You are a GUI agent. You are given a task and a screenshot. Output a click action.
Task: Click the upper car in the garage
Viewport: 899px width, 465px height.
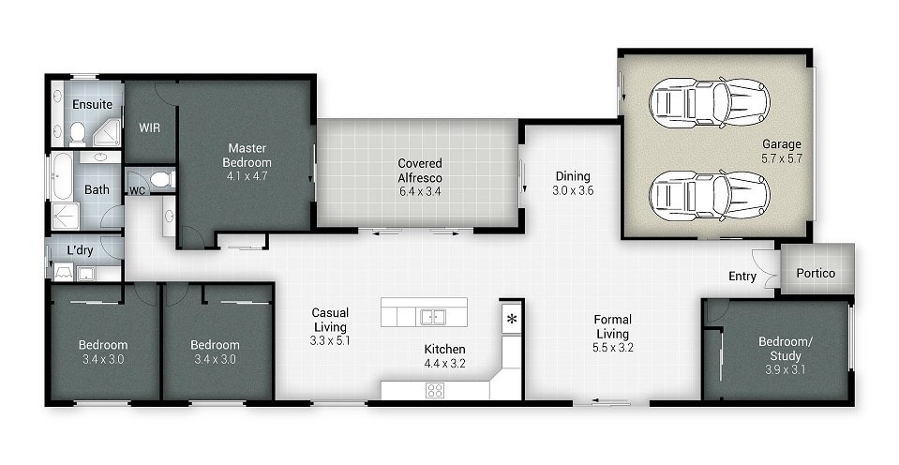click(709, 102)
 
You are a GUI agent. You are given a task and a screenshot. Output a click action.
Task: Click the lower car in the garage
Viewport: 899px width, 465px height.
click(709, 195)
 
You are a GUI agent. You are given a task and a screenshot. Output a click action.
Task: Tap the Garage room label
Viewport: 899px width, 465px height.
click(781, 144)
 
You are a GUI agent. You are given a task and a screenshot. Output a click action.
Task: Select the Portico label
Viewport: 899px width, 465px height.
click(816, 274)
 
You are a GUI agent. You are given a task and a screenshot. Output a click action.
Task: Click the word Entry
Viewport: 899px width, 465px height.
click(742, 276)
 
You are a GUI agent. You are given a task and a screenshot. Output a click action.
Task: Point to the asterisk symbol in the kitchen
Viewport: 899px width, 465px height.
click(512, 319)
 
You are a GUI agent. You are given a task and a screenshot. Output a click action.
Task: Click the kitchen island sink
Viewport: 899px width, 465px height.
click(432, 316)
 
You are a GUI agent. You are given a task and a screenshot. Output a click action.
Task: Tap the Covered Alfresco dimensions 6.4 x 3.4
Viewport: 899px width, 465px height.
click(419, 191)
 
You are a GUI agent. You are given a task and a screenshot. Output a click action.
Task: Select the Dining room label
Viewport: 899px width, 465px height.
click(573, 175)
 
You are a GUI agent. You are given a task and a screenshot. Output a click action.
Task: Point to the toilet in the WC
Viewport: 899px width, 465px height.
click(160, 178)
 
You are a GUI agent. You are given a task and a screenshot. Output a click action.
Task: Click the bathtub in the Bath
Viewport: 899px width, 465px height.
click(61, 177)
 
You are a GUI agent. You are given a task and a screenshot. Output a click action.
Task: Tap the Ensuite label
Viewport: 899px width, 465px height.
click(92, 104)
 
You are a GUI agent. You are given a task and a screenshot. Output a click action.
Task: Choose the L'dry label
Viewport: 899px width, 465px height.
click(82, 250)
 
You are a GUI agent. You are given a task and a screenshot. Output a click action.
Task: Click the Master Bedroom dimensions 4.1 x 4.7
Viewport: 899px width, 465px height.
click(247, 175)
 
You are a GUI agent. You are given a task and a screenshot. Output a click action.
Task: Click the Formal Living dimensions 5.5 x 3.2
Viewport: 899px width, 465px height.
click(613, 347)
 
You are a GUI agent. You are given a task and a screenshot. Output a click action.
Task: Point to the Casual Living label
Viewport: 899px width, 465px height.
click(330, 320)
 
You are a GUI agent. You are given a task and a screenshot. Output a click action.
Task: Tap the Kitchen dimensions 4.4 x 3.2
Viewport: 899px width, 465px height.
click(445, 364)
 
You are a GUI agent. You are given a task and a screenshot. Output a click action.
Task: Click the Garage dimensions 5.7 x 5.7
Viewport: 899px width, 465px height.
click(781, 158)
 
